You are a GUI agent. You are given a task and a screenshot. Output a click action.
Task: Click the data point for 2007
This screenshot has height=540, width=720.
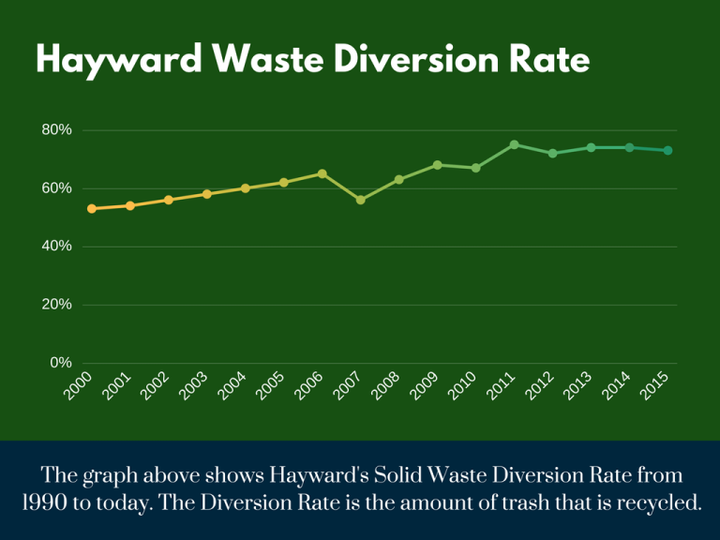coord(361,200)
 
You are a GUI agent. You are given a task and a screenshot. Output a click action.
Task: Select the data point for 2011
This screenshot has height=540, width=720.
coord(514,144)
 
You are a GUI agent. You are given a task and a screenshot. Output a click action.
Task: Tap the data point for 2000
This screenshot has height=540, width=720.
coord(92,208)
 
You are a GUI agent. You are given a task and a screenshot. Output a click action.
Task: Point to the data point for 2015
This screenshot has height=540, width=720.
coord(667,150)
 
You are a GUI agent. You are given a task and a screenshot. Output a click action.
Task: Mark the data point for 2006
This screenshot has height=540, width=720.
coord(322,173)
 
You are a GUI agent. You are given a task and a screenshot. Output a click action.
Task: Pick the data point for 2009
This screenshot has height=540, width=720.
coord(437,165)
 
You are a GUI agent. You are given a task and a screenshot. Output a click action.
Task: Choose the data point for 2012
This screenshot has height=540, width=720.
coord(552,153)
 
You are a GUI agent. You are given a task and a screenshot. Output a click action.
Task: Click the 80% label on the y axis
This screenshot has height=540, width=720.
coord(56,130)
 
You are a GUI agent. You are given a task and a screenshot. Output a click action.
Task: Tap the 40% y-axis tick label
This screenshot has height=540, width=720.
coord(56,247)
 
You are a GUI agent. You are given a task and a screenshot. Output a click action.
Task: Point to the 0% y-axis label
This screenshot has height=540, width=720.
coord(61,363)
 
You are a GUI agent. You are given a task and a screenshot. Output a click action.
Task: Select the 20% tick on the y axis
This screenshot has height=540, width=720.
coord(56,305)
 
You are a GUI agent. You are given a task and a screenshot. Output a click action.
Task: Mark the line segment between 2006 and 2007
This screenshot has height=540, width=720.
coord(342,187)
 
